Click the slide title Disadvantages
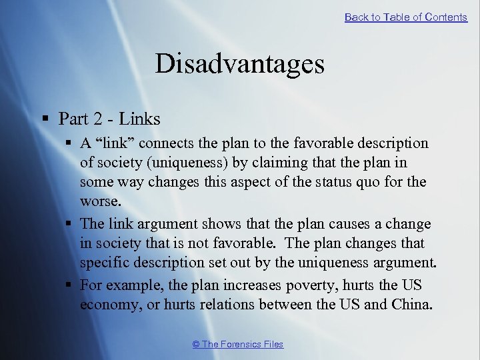(x=239, y=64)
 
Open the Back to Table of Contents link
(x=405, y=17)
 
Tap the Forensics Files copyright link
(x=238, y=344)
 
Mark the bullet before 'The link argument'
(x=69, y=224)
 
